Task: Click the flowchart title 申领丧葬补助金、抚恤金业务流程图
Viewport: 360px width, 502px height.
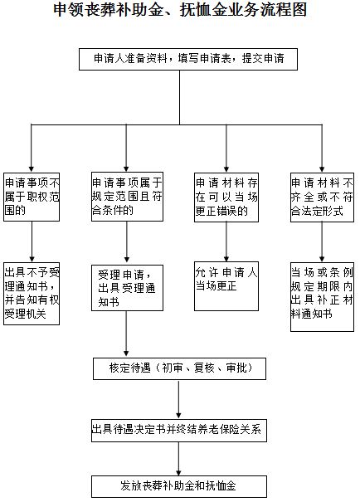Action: coord(179,12)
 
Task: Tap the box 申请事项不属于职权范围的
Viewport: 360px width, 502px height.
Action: coord(32,197)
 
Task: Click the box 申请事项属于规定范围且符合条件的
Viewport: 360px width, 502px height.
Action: coord(127,197)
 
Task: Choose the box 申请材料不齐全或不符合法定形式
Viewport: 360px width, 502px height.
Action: coord(322,197)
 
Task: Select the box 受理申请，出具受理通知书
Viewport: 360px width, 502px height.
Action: coord(127,288)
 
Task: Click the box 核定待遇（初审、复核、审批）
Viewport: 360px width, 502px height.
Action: coord(179,367)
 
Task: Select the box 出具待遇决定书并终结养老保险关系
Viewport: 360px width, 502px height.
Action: coord(179,431)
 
